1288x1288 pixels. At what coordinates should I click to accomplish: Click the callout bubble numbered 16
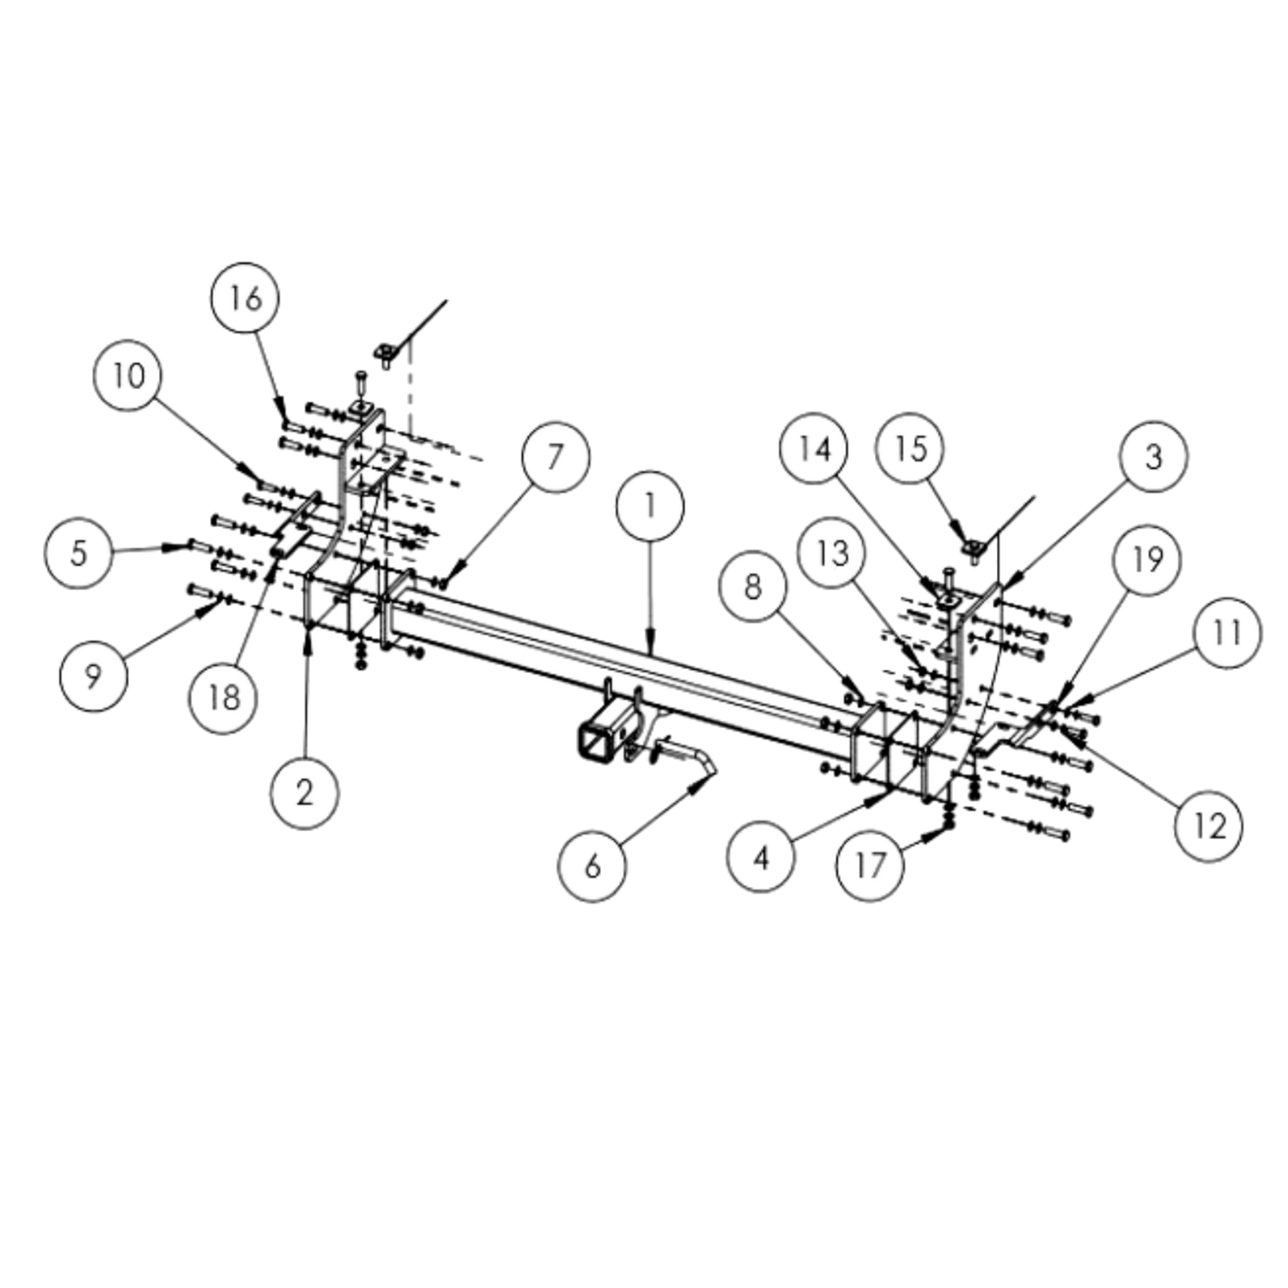(246, 297)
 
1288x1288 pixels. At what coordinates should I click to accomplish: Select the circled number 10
(129, 375)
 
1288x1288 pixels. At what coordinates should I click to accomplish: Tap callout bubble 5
(78, 553)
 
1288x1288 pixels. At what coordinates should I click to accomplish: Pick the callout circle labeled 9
(94, 676)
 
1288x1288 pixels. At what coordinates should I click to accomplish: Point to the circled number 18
(223, 697)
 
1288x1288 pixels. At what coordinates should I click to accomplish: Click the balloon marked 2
(305, 793)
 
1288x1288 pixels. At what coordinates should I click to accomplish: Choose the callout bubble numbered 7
(555, 456)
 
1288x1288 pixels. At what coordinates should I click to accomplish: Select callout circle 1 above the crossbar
(650, 506)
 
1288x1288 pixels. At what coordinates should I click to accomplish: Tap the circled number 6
(592, 866)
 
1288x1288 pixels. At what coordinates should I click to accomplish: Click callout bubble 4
(761, 857)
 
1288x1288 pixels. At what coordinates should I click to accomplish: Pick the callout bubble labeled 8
(753, 587)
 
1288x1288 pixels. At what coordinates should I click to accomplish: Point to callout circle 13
(832, 553)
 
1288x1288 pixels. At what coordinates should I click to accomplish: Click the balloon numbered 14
(814, 448)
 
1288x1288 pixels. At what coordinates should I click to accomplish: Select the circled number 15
(910, 448)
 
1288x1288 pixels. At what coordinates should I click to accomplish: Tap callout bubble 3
(1153, 456)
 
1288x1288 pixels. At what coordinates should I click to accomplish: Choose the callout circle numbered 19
(1147, 560)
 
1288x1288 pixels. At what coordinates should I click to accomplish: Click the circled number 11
(1227, 633)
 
